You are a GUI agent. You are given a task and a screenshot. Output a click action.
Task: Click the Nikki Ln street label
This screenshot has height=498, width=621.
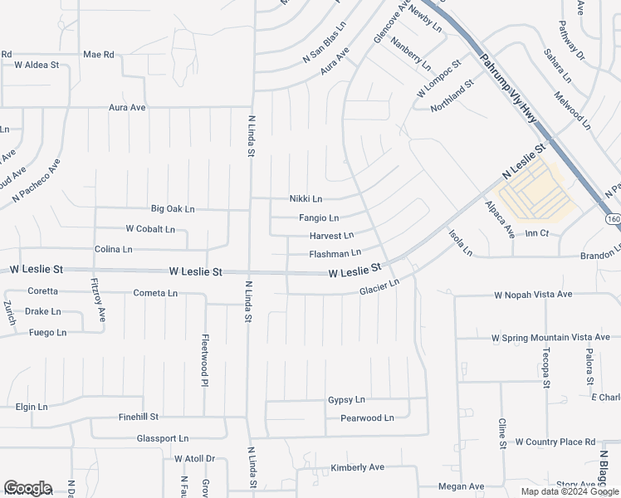pos(306,199)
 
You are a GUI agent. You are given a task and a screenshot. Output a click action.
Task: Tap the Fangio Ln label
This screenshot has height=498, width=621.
pos(319,218)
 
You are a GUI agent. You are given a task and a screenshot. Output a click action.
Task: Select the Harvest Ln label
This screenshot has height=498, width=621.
pos(331,236)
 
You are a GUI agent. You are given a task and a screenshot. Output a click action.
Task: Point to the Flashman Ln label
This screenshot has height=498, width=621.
pos(335,253)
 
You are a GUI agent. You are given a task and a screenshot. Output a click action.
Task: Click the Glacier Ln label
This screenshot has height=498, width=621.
pos(379,286)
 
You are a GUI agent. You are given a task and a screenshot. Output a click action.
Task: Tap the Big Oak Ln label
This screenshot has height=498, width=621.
pos(173,208)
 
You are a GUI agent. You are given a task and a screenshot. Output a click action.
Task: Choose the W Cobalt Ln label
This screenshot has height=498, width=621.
pos(150,228)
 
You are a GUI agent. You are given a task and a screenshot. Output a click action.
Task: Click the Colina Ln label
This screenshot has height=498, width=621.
pos(113,249)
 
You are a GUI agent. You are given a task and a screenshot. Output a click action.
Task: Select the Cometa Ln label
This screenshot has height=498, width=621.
pos(155,293)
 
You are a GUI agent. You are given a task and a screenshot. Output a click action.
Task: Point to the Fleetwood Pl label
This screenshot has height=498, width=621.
pos(204,360)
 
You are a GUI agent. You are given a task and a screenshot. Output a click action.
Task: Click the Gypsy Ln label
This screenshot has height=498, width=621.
pos(346,400)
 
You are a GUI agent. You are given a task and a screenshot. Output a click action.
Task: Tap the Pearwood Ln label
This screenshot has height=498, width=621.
pos(367,418)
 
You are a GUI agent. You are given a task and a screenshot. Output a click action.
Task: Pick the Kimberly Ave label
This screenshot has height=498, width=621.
pos(357,467)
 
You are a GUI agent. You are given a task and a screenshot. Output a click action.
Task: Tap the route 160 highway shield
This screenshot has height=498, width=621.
pos(613,218)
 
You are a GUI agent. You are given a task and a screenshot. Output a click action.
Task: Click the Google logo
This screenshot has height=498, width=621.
pos(27,488)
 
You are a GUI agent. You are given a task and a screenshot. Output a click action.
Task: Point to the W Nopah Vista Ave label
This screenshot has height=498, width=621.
pos(533,295)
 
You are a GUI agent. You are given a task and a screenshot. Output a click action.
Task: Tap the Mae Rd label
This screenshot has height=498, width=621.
pos(98,54)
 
